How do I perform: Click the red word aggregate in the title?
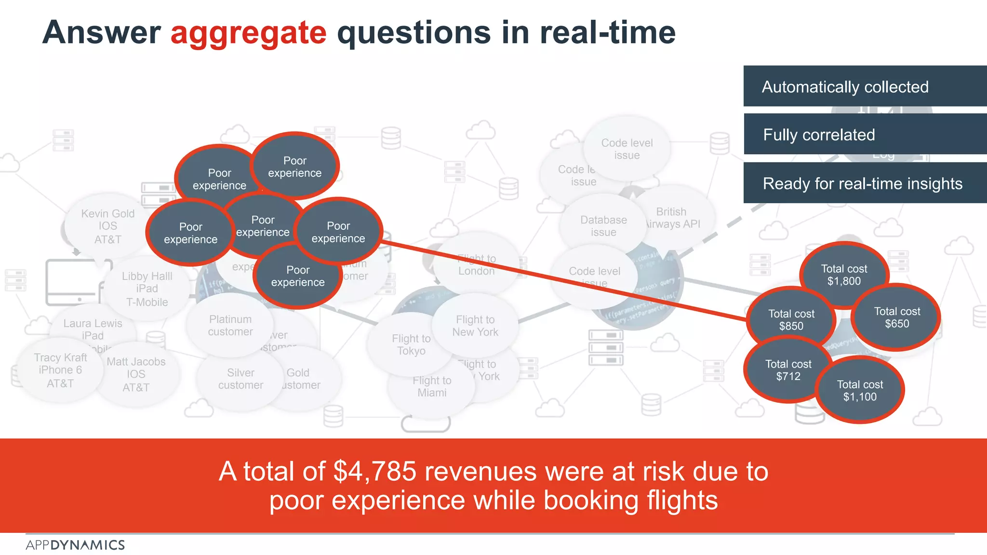248,33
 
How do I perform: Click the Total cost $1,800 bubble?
844,275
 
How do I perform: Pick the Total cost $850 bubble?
791,319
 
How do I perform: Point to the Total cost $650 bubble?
897,317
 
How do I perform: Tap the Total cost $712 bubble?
788,370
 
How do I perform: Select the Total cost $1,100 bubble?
860,390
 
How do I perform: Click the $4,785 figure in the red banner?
374,471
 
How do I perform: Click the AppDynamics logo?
75,545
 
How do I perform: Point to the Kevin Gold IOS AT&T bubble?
107,226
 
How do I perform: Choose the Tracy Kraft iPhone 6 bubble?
60,370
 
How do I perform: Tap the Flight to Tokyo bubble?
411,344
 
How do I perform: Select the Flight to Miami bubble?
432,386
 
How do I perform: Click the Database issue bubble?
603,226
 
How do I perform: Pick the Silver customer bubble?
240,379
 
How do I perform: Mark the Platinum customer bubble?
230,325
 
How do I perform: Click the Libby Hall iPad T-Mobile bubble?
147,289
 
